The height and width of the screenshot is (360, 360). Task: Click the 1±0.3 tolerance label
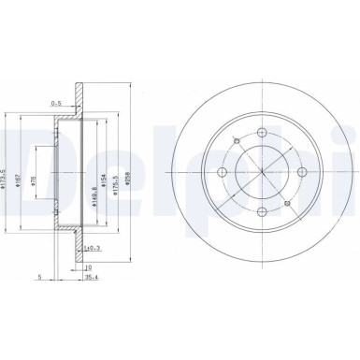click(92, 248)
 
